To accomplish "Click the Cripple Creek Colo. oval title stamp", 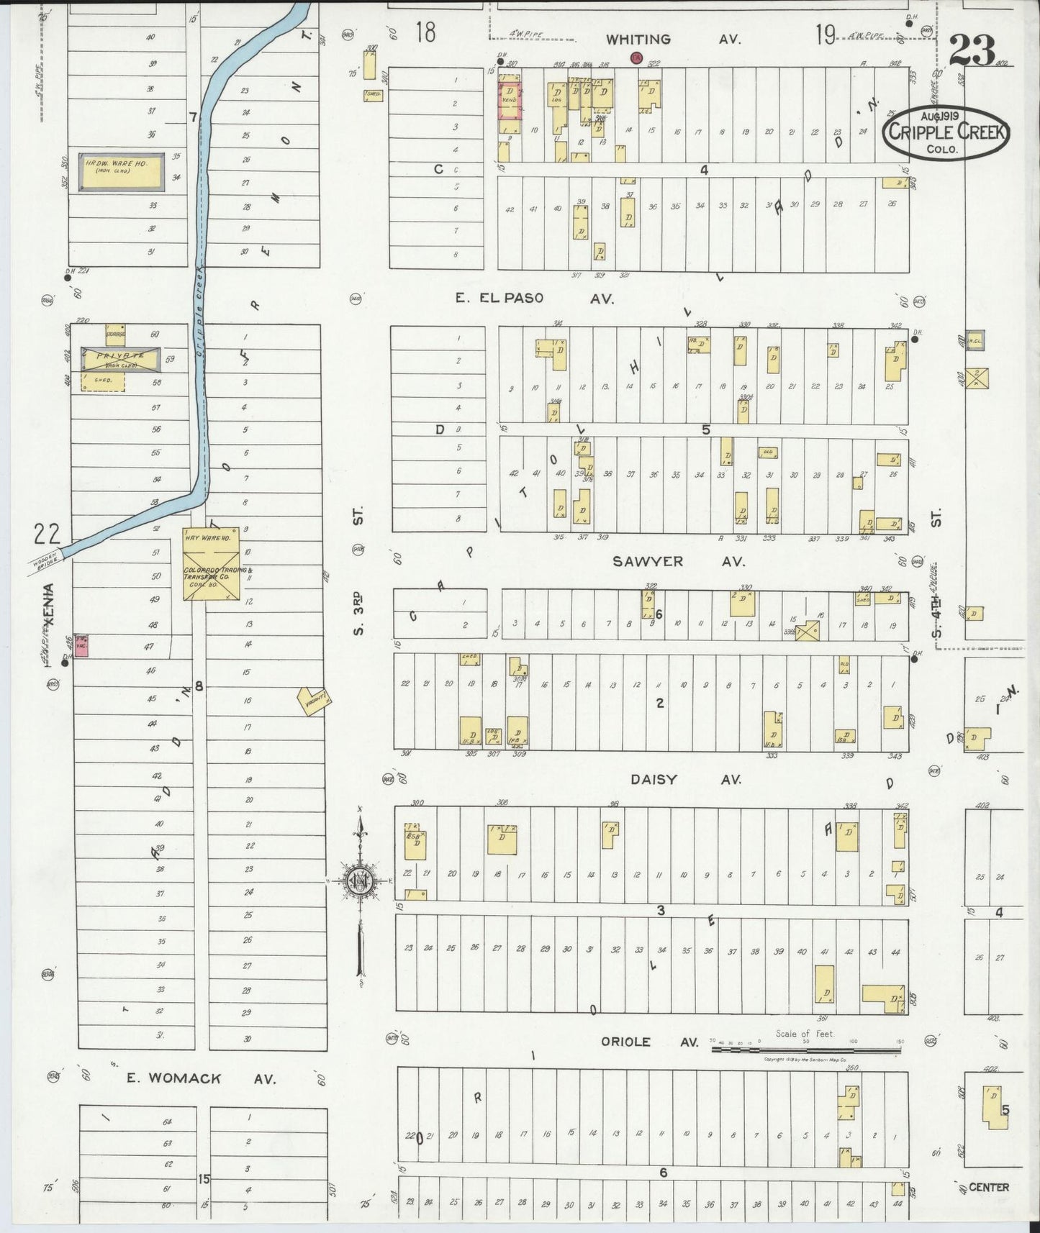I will click(x=947, y=133).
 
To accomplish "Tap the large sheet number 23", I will click(x=972, y=50).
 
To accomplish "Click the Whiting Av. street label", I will click(x=672, y=40).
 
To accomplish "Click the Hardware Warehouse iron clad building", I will click(x=122, y=172).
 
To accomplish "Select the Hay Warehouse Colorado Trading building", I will click(x=210, y=565).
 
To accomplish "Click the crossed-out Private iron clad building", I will click(x=122, y=360).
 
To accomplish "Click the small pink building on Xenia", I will click(x=82, y=646).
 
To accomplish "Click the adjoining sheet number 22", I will click(x=46, y=534).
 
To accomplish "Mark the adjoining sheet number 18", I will click(x=425, y=32).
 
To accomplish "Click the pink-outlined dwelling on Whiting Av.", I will click(x=510, y=100).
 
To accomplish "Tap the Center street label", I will click(x=988, y=1187).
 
